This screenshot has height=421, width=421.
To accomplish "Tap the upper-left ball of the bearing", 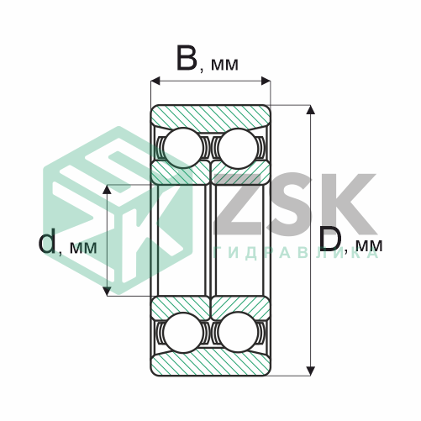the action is point(183,148).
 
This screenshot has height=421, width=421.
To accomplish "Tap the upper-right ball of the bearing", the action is point(238,149).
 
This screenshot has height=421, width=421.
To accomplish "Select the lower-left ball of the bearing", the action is point(183,332).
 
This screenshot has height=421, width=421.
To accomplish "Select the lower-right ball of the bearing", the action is point(238,332).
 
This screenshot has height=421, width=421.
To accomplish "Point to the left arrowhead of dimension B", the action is point(155,81).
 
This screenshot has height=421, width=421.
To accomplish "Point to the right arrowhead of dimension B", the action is point(266,81).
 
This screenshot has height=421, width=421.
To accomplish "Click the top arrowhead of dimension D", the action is point(310,110).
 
